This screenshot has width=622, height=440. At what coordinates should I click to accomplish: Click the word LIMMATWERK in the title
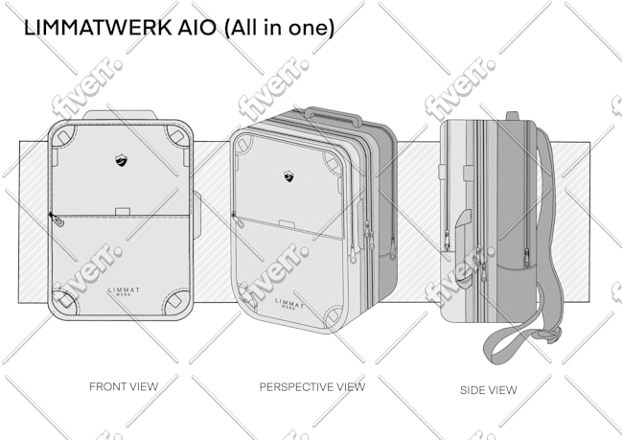click(98, 28)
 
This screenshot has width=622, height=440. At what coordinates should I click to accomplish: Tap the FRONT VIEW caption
click(124, 386)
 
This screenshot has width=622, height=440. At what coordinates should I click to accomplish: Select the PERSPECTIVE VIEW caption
click(312, 387)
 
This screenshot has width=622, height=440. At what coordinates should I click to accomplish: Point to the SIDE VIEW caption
click(489, 390)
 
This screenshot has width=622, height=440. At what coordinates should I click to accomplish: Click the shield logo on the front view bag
click(122, 160)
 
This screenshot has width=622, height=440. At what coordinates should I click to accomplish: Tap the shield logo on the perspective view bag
click(288, 176)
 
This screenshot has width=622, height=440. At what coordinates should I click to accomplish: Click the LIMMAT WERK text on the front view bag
click(124, 291)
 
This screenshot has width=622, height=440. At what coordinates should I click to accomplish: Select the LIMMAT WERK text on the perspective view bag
click(289, 304)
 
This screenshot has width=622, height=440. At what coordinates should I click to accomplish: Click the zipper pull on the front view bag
click(57, 220)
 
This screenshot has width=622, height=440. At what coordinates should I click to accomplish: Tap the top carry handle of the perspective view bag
click(334, 114)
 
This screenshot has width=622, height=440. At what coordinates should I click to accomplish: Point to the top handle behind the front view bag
click(120, 115)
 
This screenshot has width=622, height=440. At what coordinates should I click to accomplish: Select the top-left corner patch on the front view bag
click(63, 136)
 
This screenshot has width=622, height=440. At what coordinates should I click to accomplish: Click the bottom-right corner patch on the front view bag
click(176, 302)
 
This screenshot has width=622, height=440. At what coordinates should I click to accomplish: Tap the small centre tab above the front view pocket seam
click(123, 212)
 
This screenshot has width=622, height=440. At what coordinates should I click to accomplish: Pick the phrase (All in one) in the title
click(279, 29)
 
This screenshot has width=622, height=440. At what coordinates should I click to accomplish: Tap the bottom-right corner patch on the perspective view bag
click(333, 317)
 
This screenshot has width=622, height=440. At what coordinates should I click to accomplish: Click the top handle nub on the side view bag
click(512, 116)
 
